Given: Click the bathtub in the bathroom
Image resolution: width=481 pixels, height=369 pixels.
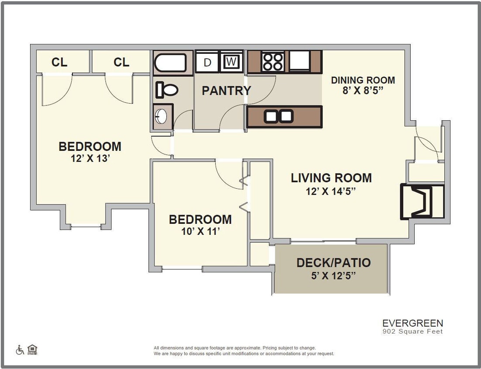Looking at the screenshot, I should click(x=172, y=63).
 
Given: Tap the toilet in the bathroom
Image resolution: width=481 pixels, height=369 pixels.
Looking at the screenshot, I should click(x=167, y=90).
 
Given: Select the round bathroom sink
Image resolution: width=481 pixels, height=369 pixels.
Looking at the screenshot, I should click(x=161, y=117).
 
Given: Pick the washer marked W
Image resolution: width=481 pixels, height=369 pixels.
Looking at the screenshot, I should click(x=231, y=62).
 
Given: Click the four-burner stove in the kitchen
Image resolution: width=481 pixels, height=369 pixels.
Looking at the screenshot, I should click(x=273, y=62).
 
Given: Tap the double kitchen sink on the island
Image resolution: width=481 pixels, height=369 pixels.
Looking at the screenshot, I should click(x=278, y=116).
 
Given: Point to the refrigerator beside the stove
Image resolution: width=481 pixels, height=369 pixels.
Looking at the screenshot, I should click(x=299, y=61).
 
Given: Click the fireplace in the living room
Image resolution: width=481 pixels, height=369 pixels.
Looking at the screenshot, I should click(x=421, y=202).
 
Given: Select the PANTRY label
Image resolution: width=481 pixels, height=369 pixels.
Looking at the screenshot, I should click(x=226, y=91).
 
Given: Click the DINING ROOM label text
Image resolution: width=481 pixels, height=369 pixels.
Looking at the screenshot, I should click(x=363, y=80).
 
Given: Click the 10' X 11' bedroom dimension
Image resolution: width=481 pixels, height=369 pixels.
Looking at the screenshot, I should click(x=200, y=232).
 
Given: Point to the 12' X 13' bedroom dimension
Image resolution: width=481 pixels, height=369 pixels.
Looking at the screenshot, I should click(x=90, y=159).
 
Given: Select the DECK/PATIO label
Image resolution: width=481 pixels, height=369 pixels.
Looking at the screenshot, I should click(x=333, y=263).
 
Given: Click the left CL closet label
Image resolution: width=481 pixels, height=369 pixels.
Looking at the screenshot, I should click(x=59, y=63).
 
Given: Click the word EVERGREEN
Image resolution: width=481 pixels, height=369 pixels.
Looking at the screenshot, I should click(x=412, y=323).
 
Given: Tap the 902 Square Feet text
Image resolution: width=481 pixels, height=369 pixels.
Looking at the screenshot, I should click(x=412, y=332).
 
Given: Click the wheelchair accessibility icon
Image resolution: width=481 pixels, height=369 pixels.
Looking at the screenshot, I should click(x=20, y=350).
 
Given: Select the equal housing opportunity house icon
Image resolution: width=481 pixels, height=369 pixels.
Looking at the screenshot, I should click(x=32, y=349).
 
